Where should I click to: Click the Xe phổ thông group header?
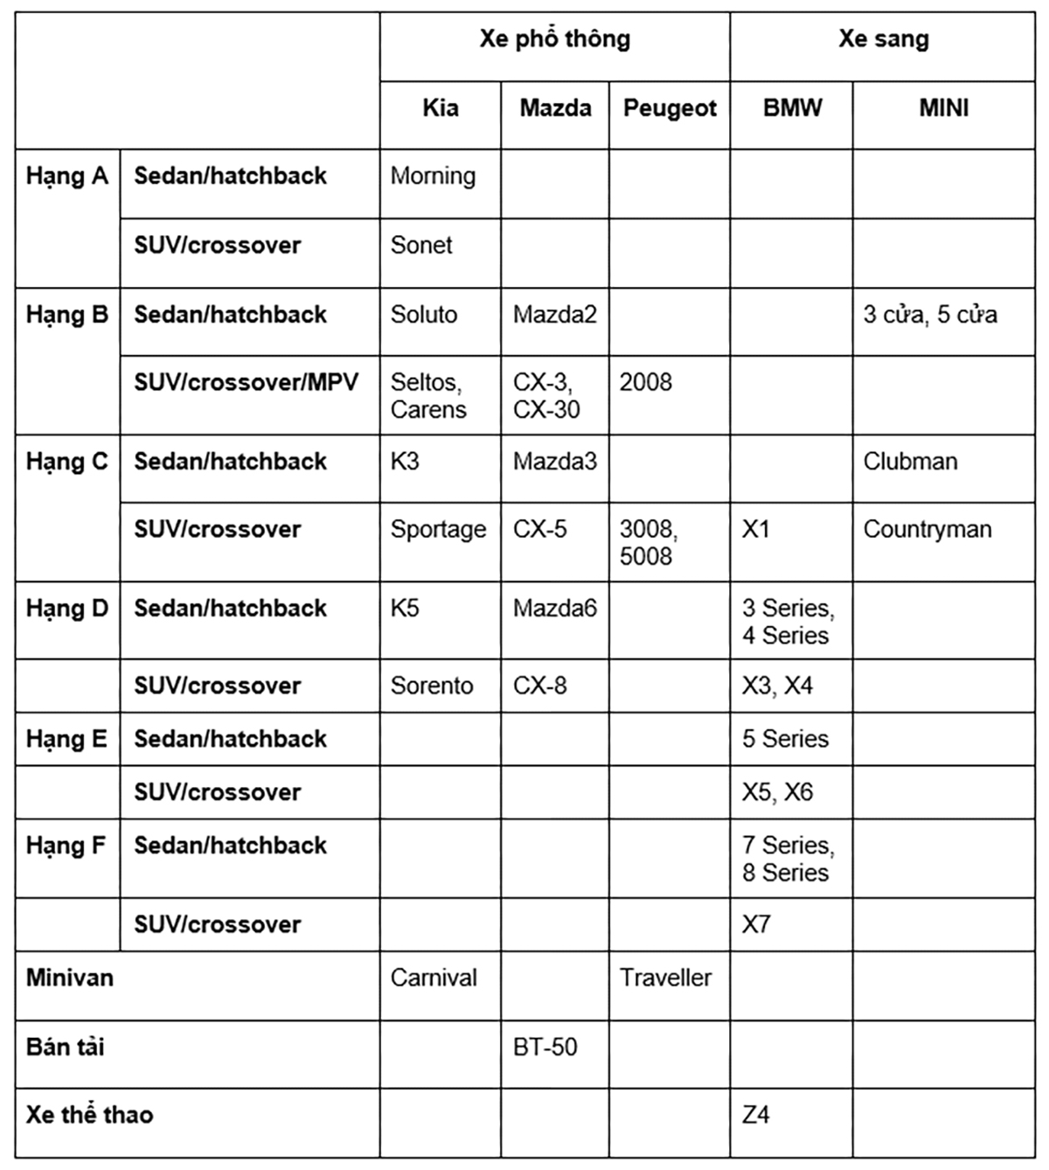pyautogui.click(x=554, y=39)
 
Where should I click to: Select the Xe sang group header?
pyautogui.click(x=883, y=39)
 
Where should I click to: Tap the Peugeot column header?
pyautogui.click(x=670, y=108)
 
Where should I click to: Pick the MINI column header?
pyautogui.click(x=943, y=108)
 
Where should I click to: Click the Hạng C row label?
pyautogui.click(x=67, y=462)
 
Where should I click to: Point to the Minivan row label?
pyautogui.click(x=70, y=978)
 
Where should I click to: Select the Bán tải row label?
pyautogui.click(x=66, y=1047)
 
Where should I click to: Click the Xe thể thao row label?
pyautogui.click(x=89, y=1115)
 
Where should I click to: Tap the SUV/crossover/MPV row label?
pyautogui.click(x=247, y=382)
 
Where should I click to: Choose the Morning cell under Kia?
pyautogui.click(x=433, y=177)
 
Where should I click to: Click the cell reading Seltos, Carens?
pyautogui.click(x=428, y=396)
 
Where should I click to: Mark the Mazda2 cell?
pyautogui.click(x=554, y=315)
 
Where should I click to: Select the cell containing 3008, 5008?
pyautogui.click(x=648, y=542)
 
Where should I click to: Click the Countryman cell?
pyautogui.click(x=927, y=530)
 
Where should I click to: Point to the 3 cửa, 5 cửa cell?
pyautogui.click(x=930, y=315)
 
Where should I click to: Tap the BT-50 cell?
pyautogui.click(x=545, y=1047)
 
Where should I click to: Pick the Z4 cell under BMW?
pyautogui.click(x=755, y=1115)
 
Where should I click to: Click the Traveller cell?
pyautogui.click(x=665, y=978)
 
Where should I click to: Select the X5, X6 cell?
pyautogui.click(x=777, y=792)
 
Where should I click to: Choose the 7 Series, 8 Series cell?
pyautogui.click(x=788, y=859)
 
